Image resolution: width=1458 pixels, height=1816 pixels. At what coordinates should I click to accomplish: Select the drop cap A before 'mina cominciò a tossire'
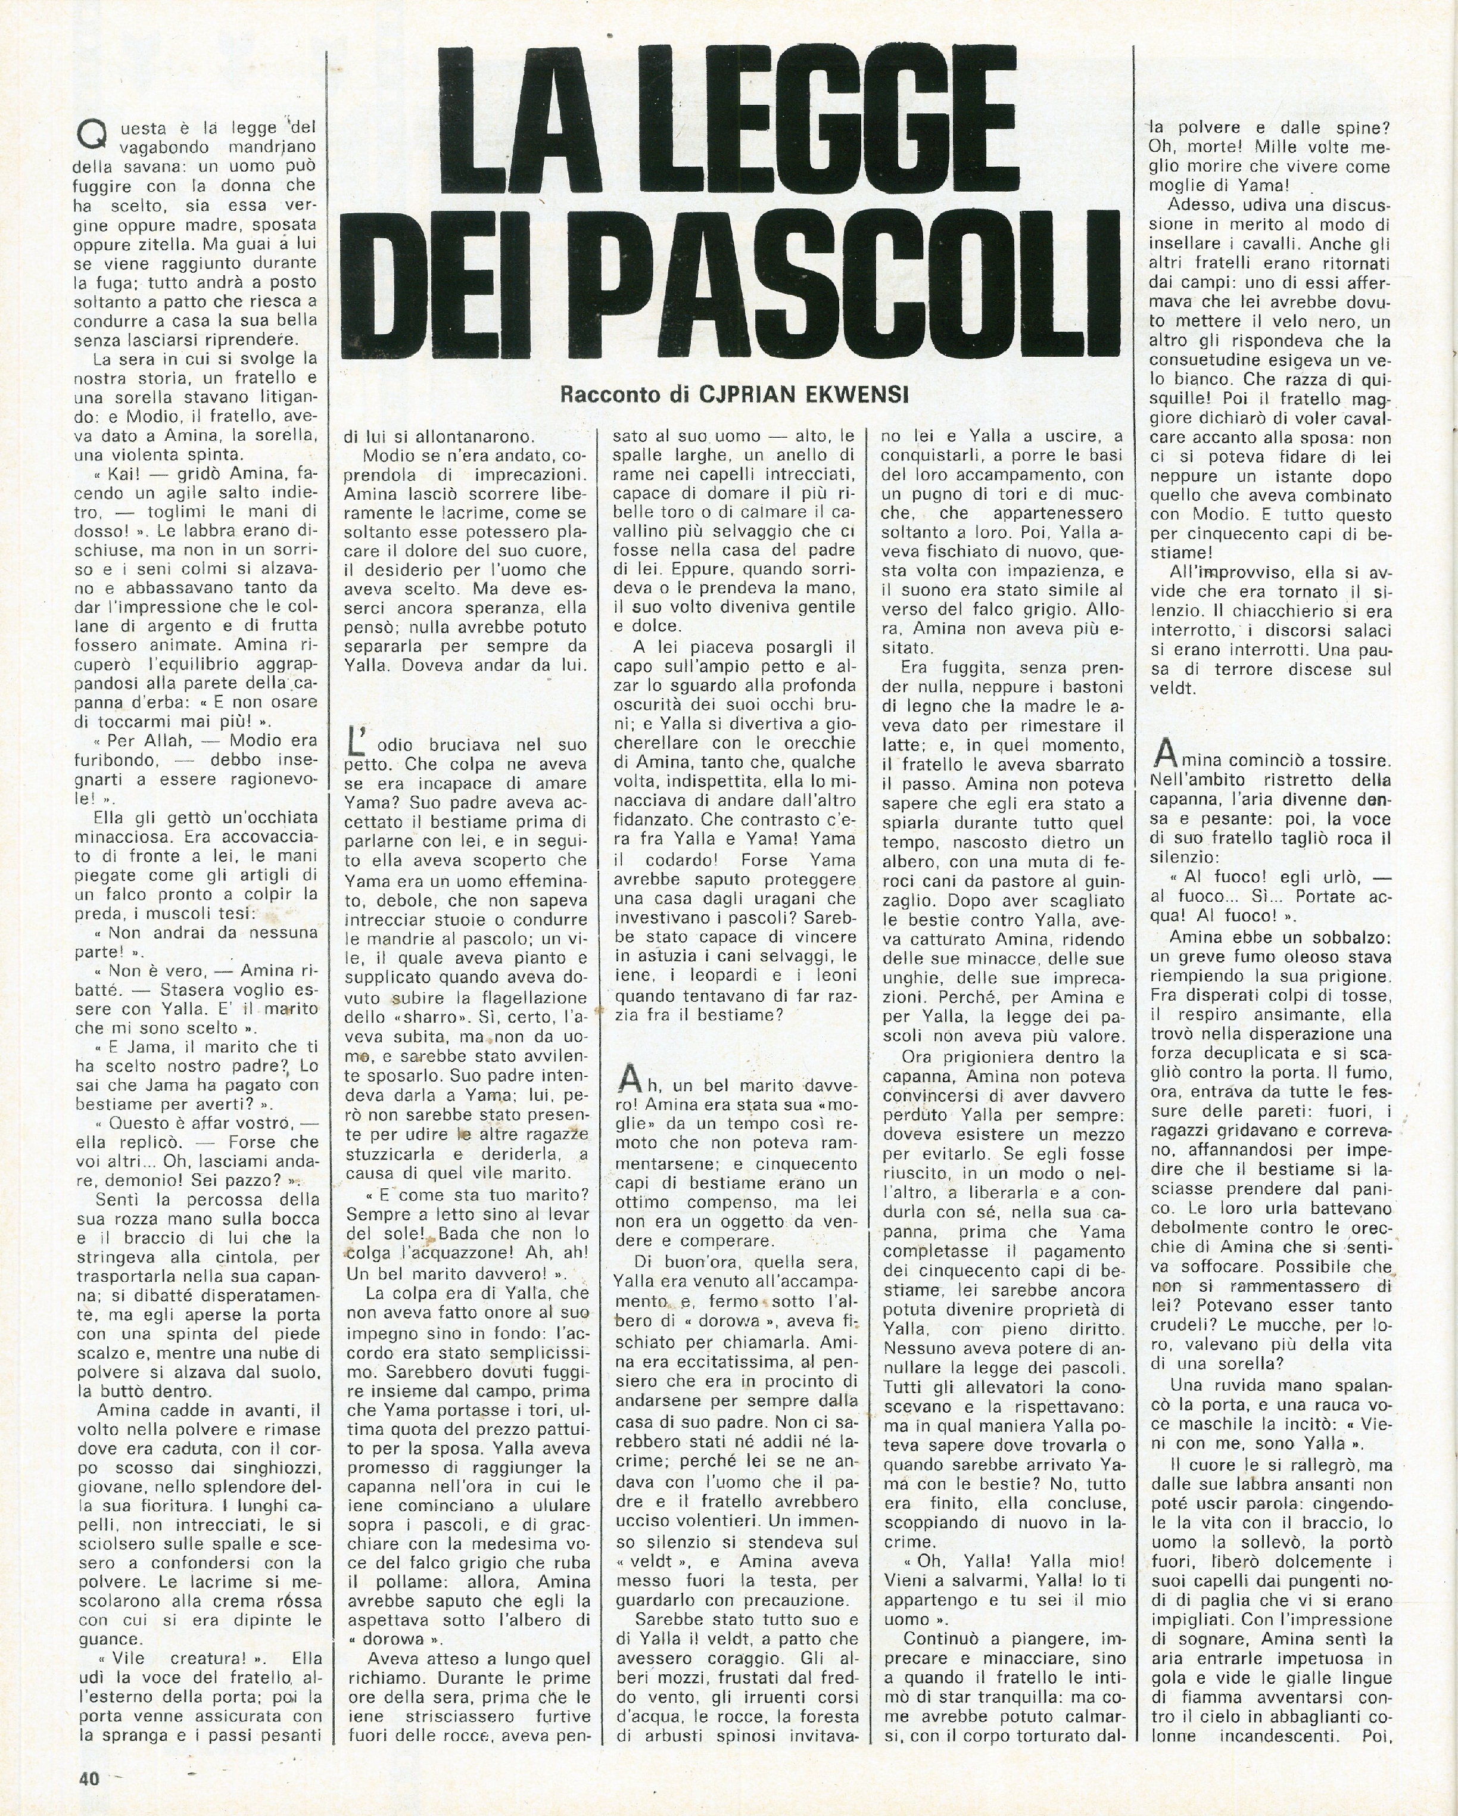1163,752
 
